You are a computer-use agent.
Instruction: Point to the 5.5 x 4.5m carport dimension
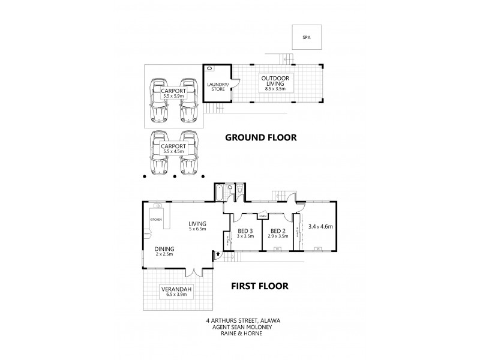[173, 151]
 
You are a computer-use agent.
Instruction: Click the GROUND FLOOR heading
[261, 137]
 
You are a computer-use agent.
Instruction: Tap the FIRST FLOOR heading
[260, 286]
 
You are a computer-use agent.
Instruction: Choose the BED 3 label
[245, 232]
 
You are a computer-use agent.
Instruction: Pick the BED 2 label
[278, 232]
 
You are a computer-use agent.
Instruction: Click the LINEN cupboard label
[263, 216]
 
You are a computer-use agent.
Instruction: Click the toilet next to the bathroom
[239, 191]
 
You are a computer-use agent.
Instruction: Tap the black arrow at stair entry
[216, 256]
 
